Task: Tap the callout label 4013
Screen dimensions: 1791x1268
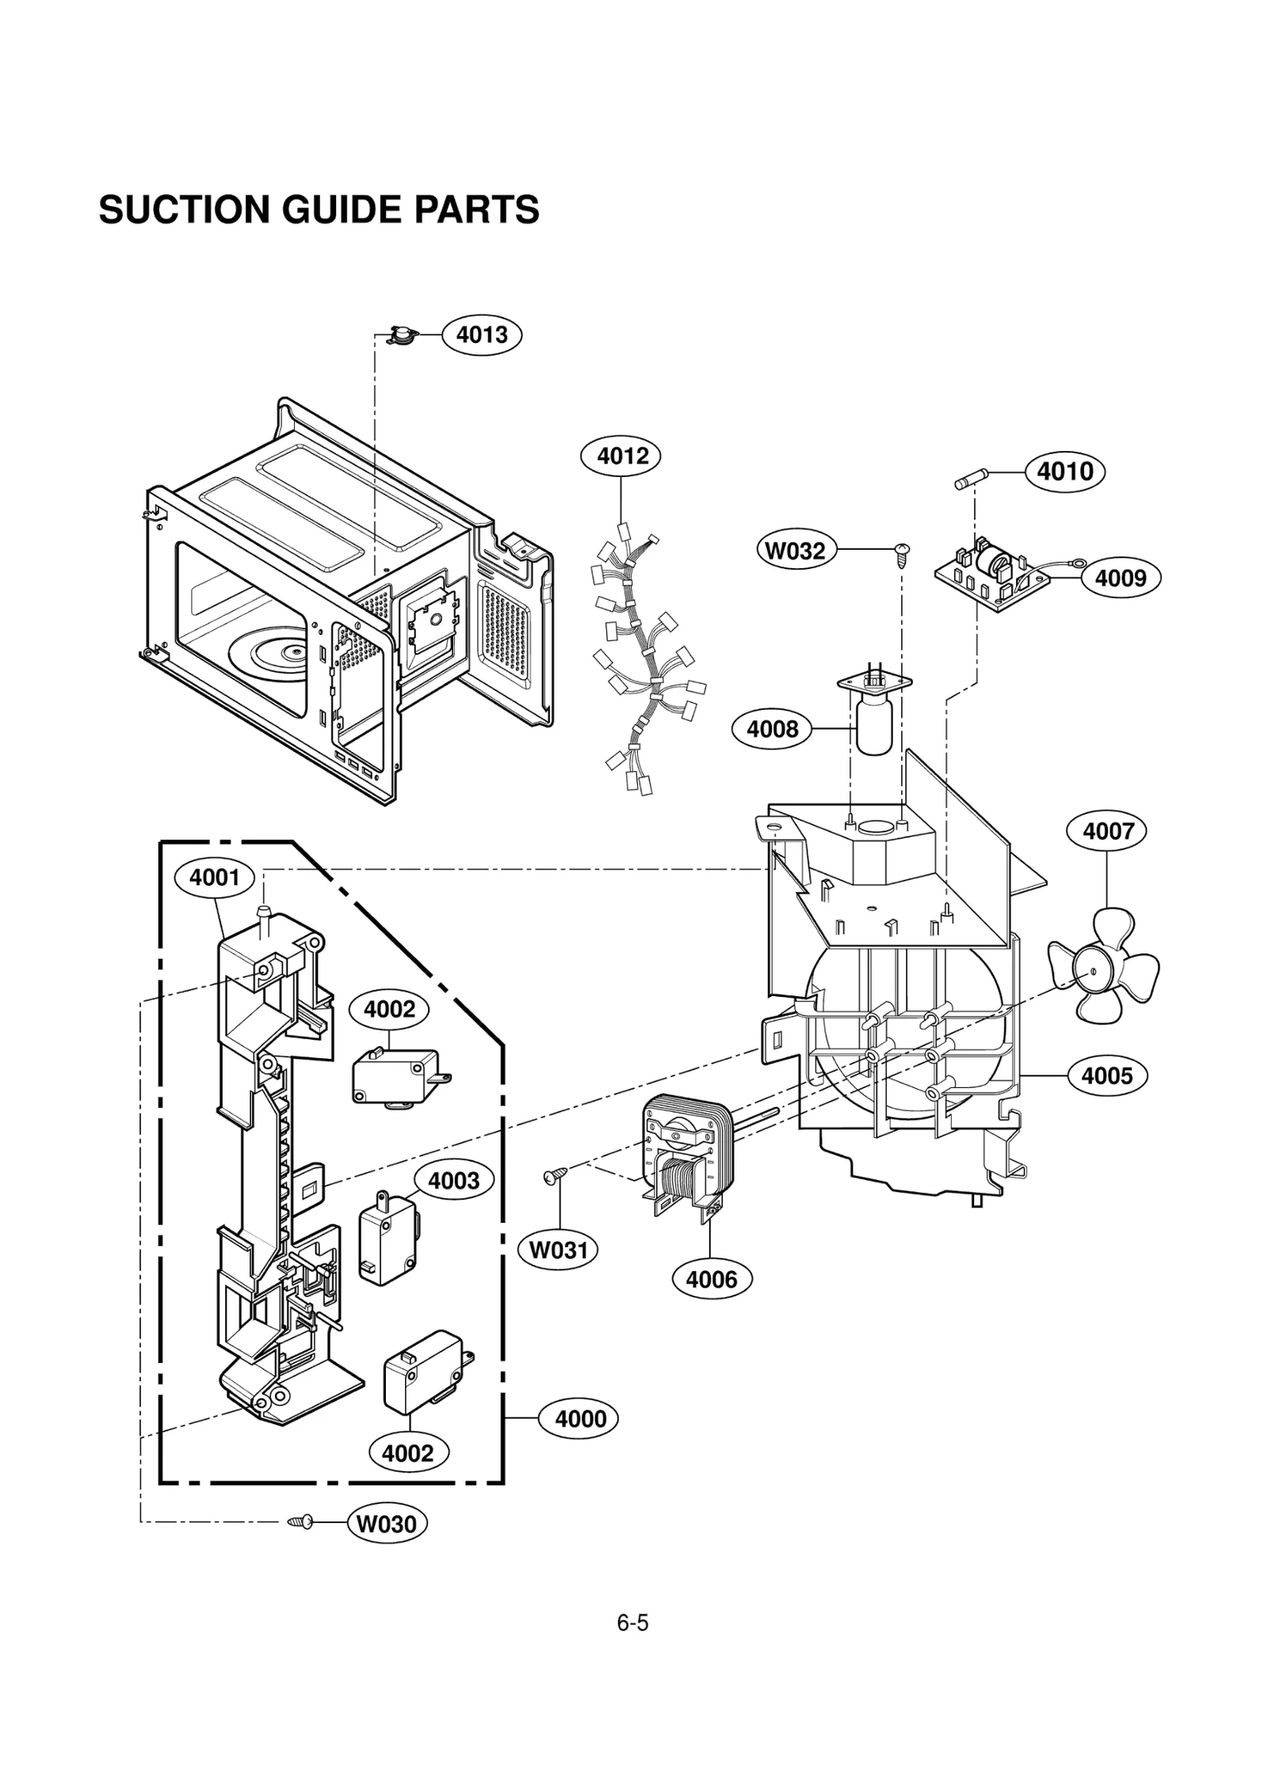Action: point(482,334)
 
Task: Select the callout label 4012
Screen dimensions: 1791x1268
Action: point(621,456)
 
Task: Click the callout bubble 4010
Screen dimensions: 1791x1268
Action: point(1064,472)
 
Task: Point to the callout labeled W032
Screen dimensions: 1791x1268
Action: point(795,550)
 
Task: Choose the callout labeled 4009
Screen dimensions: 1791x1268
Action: point(1120,578)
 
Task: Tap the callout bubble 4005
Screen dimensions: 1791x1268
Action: point(1106,1075)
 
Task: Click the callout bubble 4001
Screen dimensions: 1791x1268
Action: point(214,877)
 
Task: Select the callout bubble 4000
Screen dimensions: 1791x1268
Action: point(579,1419)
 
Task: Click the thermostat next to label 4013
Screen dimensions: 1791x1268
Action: point(402,336)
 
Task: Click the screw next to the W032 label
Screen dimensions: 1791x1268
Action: point(901,554)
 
